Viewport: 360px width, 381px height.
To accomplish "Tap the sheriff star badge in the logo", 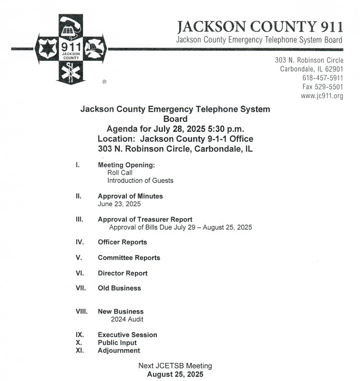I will tap(49, 49).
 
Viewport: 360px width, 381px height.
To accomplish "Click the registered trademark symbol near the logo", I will tap(104, 82).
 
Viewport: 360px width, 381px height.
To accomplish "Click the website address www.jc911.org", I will tap(322, 96).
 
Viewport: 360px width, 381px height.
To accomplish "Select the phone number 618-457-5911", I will tap(322, 78).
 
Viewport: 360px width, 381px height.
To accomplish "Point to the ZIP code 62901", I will tap(332, 69).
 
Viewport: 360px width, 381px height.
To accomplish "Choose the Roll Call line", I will tap(120, 173).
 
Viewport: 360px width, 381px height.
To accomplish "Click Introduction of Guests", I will tap(140, 180).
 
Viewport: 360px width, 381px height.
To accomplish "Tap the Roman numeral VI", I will tap(80, 273).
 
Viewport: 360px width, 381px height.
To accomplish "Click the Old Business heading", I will tap(119, 288).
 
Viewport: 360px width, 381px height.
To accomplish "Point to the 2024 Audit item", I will tap(127, 319).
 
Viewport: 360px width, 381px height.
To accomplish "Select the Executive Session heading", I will tap(127, 335).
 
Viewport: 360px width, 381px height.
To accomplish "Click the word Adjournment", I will tap(119, 350).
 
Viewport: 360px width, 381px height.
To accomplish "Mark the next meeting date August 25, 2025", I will tap(175, 374).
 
